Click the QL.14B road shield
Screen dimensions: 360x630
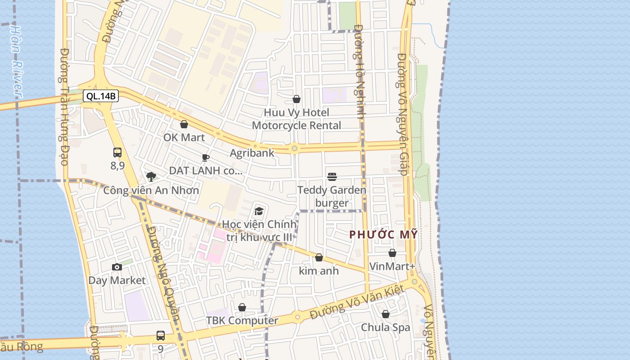pos(100,96)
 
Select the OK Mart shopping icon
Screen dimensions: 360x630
pos(184,124)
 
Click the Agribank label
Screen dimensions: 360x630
pos(252,153)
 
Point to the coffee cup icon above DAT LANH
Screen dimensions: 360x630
pos(206,157)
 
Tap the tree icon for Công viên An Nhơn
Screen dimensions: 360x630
pos(151,176)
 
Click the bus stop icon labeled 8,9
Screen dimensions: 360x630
pos(117,153)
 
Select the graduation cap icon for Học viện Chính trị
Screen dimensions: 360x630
pos(259,211)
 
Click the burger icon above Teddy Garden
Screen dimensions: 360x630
pos(332,176)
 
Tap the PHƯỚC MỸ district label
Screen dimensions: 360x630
pos(383,234)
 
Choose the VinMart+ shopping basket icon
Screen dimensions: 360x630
pos(392,253)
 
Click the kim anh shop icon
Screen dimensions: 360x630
pos(319,257)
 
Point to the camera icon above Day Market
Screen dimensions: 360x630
pos(117,267)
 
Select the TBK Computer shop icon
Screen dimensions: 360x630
pos(242,307)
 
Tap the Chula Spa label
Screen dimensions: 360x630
pos(386,327)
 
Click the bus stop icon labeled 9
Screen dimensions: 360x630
pos(161,335)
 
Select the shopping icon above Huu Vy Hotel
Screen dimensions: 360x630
pos(297,99)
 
